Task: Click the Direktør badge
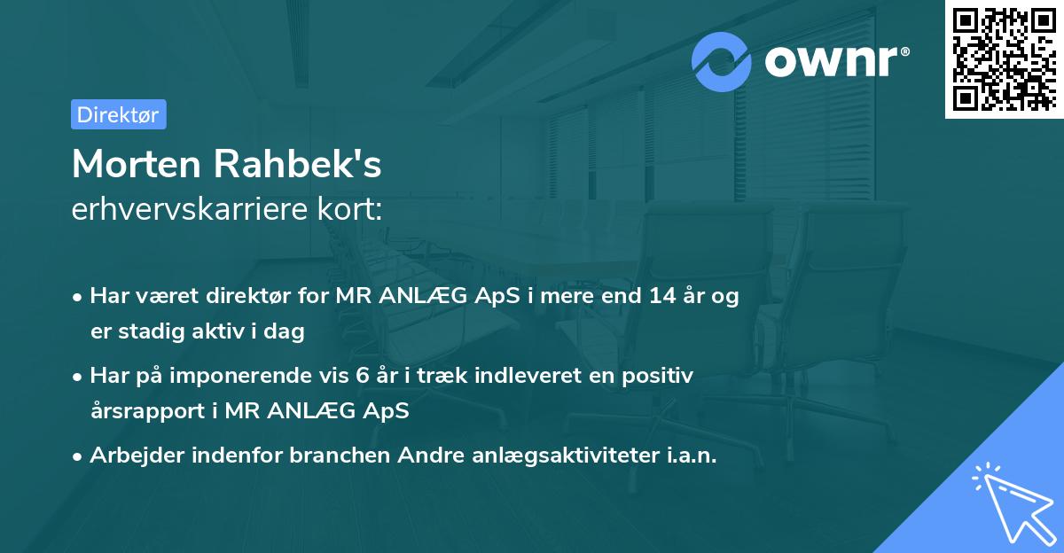(x=119, y=114)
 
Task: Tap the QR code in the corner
(x=1004, y=58)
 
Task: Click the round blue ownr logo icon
(x=722, y=61)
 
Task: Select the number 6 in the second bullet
(x=362, y=376)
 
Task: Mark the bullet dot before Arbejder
(x=79, y=456)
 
